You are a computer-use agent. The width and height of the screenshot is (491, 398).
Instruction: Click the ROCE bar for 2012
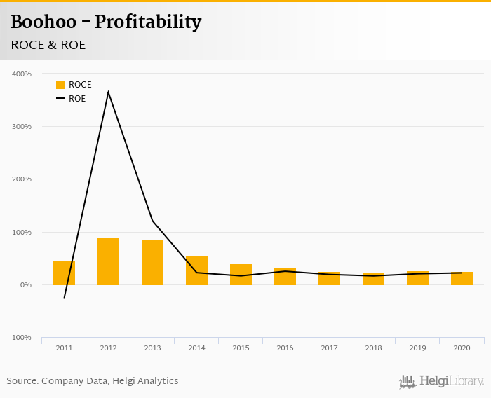click(108, 261)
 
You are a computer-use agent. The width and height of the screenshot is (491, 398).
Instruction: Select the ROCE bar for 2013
click(152, 263)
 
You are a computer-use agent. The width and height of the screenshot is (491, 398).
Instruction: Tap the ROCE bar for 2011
click(64, 273)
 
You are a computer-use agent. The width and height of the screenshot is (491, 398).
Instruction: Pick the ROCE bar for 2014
click(196, 270)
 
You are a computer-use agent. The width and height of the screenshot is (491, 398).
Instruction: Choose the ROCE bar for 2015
click(241, 275)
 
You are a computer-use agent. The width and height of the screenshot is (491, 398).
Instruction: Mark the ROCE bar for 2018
click(373, 279)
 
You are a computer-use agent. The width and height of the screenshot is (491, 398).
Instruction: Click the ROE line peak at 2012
click(108, 92)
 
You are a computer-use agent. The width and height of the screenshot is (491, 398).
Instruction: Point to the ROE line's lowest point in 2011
click(64, 298)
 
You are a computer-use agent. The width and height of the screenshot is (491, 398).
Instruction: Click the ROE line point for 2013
click(152, 221)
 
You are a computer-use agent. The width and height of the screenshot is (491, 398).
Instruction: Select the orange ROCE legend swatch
click(60, 85)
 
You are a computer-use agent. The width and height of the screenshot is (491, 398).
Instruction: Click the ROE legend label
click(77, 99)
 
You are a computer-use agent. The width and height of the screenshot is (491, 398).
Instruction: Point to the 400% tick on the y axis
click(22, 74)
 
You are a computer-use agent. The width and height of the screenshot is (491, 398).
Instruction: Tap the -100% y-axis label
click(20, 338)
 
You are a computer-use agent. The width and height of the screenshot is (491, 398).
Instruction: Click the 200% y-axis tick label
click(22, 179)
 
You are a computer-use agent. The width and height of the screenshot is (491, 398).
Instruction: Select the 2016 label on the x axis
click(285, 348)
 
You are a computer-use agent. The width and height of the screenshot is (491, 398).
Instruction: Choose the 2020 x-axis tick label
click(462, 348)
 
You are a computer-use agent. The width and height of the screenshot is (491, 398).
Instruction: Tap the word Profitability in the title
click(148, 22)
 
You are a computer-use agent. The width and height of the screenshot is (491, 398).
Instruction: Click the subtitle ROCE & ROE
click(48, 45)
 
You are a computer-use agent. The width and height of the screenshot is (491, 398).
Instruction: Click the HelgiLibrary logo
click(442, 381)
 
